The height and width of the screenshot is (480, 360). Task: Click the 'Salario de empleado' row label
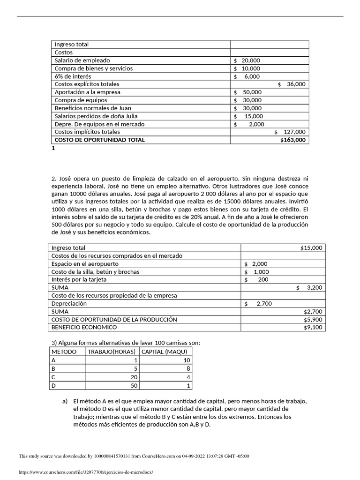[x=82, y=60]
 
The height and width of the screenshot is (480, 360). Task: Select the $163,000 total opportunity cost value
[x=292, y=140]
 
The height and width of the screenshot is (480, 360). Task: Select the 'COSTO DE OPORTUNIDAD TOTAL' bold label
[x=100, y=140]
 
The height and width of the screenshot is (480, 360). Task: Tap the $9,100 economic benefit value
[x=313, y=327]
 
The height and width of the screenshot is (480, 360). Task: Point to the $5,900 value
[x=313, y=319]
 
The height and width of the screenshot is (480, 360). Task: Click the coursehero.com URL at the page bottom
[x=86, y=472]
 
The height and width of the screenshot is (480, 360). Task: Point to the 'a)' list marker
[x=65, y=401]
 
